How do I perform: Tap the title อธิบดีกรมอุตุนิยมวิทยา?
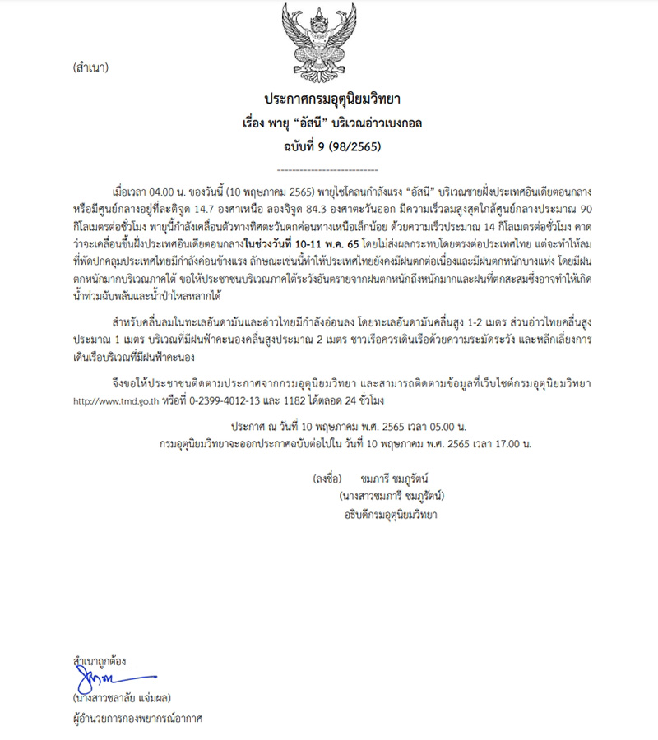(x=391, y=516)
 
